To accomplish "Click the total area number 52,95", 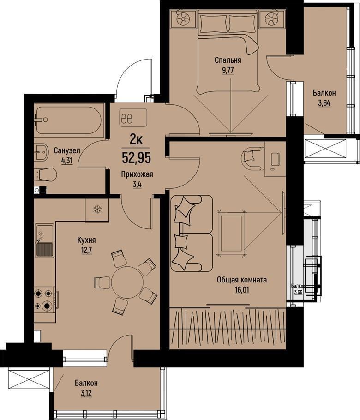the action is click(136, 157).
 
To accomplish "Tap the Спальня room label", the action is click(228, 60).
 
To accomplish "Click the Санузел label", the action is click(67, 150).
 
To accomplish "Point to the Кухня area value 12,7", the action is click(86, 251).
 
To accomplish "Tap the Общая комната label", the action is click(241, 280).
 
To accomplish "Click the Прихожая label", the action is click(137, 174).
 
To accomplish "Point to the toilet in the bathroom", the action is click(45, 175).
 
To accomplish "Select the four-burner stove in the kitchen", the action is click(45, 299).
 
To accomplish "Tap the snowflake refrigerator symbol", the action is click(97, 210).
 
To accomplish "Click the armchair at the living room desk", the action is click(252, 158).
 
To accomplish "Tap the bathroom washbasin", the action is click(41, 152).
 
